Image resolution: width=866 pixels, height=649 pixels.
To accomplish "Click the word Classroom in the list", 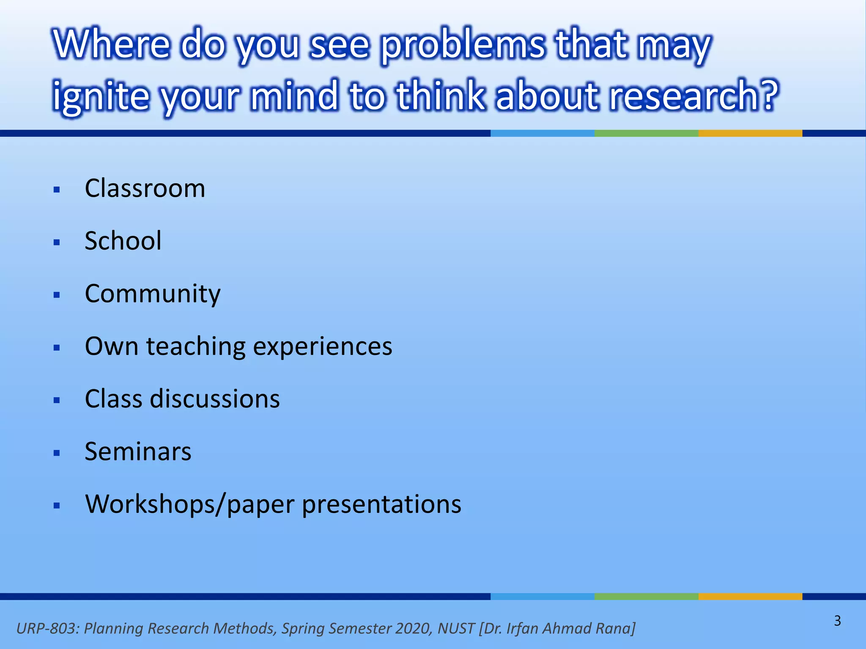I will click(145, 188).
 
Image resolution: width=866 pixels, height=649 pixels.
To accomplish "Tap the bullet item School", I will click(123, 241).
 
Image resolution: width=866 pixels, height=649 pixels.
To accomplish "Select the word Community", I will click(152, 294).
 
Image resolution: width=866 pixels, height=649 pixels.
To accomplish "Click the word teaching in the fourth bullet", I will click(195, 347).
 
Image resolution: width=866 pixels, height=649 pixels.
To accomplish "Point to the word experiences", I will click(322, 347).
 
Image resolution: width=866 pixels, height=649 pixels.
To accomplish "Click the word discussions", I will click(215, 399).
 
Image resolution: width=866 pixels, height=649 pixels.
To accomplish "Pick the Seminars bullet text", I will click(138, 452).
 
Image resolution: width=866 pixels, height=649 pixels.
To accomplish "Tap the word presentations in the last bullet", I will click(381, 504).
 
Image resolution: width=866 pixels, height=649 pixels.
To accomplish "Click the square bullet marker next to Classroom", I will click(57, 190).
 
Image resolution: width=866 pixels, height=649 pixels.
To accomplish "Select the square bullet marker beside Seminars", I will click(57, 453).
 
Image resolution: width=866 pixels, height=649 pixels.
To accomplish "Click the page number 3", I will click(837, 621).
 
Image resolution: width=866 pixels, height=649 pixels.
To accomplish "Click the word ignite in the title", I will click(101, 95).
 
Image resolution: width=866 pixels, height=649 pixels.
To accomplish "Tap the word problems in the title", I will click(463, 45).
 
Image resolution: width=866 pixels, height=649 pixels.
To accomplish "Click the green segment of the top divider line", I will click(646, 133).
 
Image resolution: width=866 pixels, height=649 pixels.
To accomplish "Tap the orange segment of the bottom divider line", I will click(750, 596).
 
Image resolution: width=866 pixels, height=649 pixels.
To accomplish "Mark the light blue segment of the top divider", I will click(542, 133).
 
